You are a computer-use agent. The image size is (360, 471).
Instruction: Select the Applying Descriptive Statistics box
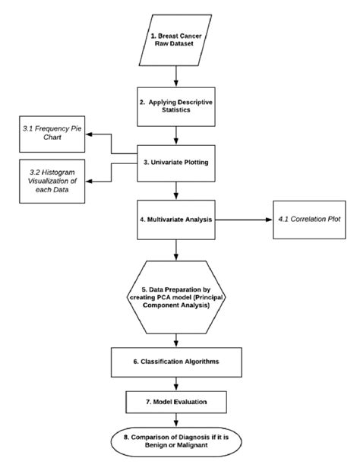(x=177, y=106)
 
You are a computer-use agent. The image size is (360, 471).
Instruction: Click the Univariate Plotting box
(x=177, y=161)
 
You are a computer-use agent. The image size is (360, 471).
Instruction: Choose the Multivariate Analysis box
(x=177, y=220)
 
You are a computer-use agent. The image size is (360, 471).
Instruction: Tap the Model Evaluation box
(x=177, y=400)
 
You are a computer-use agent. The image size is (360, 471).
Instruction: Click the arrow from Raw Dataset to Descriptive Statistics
(x=177, y=74)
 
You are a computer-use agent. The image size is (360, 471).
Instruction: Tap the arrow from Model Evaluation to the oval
(x=177, y=418)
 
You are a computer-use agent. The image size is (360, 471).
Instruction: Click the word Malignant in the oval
(x=200, y=446)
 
